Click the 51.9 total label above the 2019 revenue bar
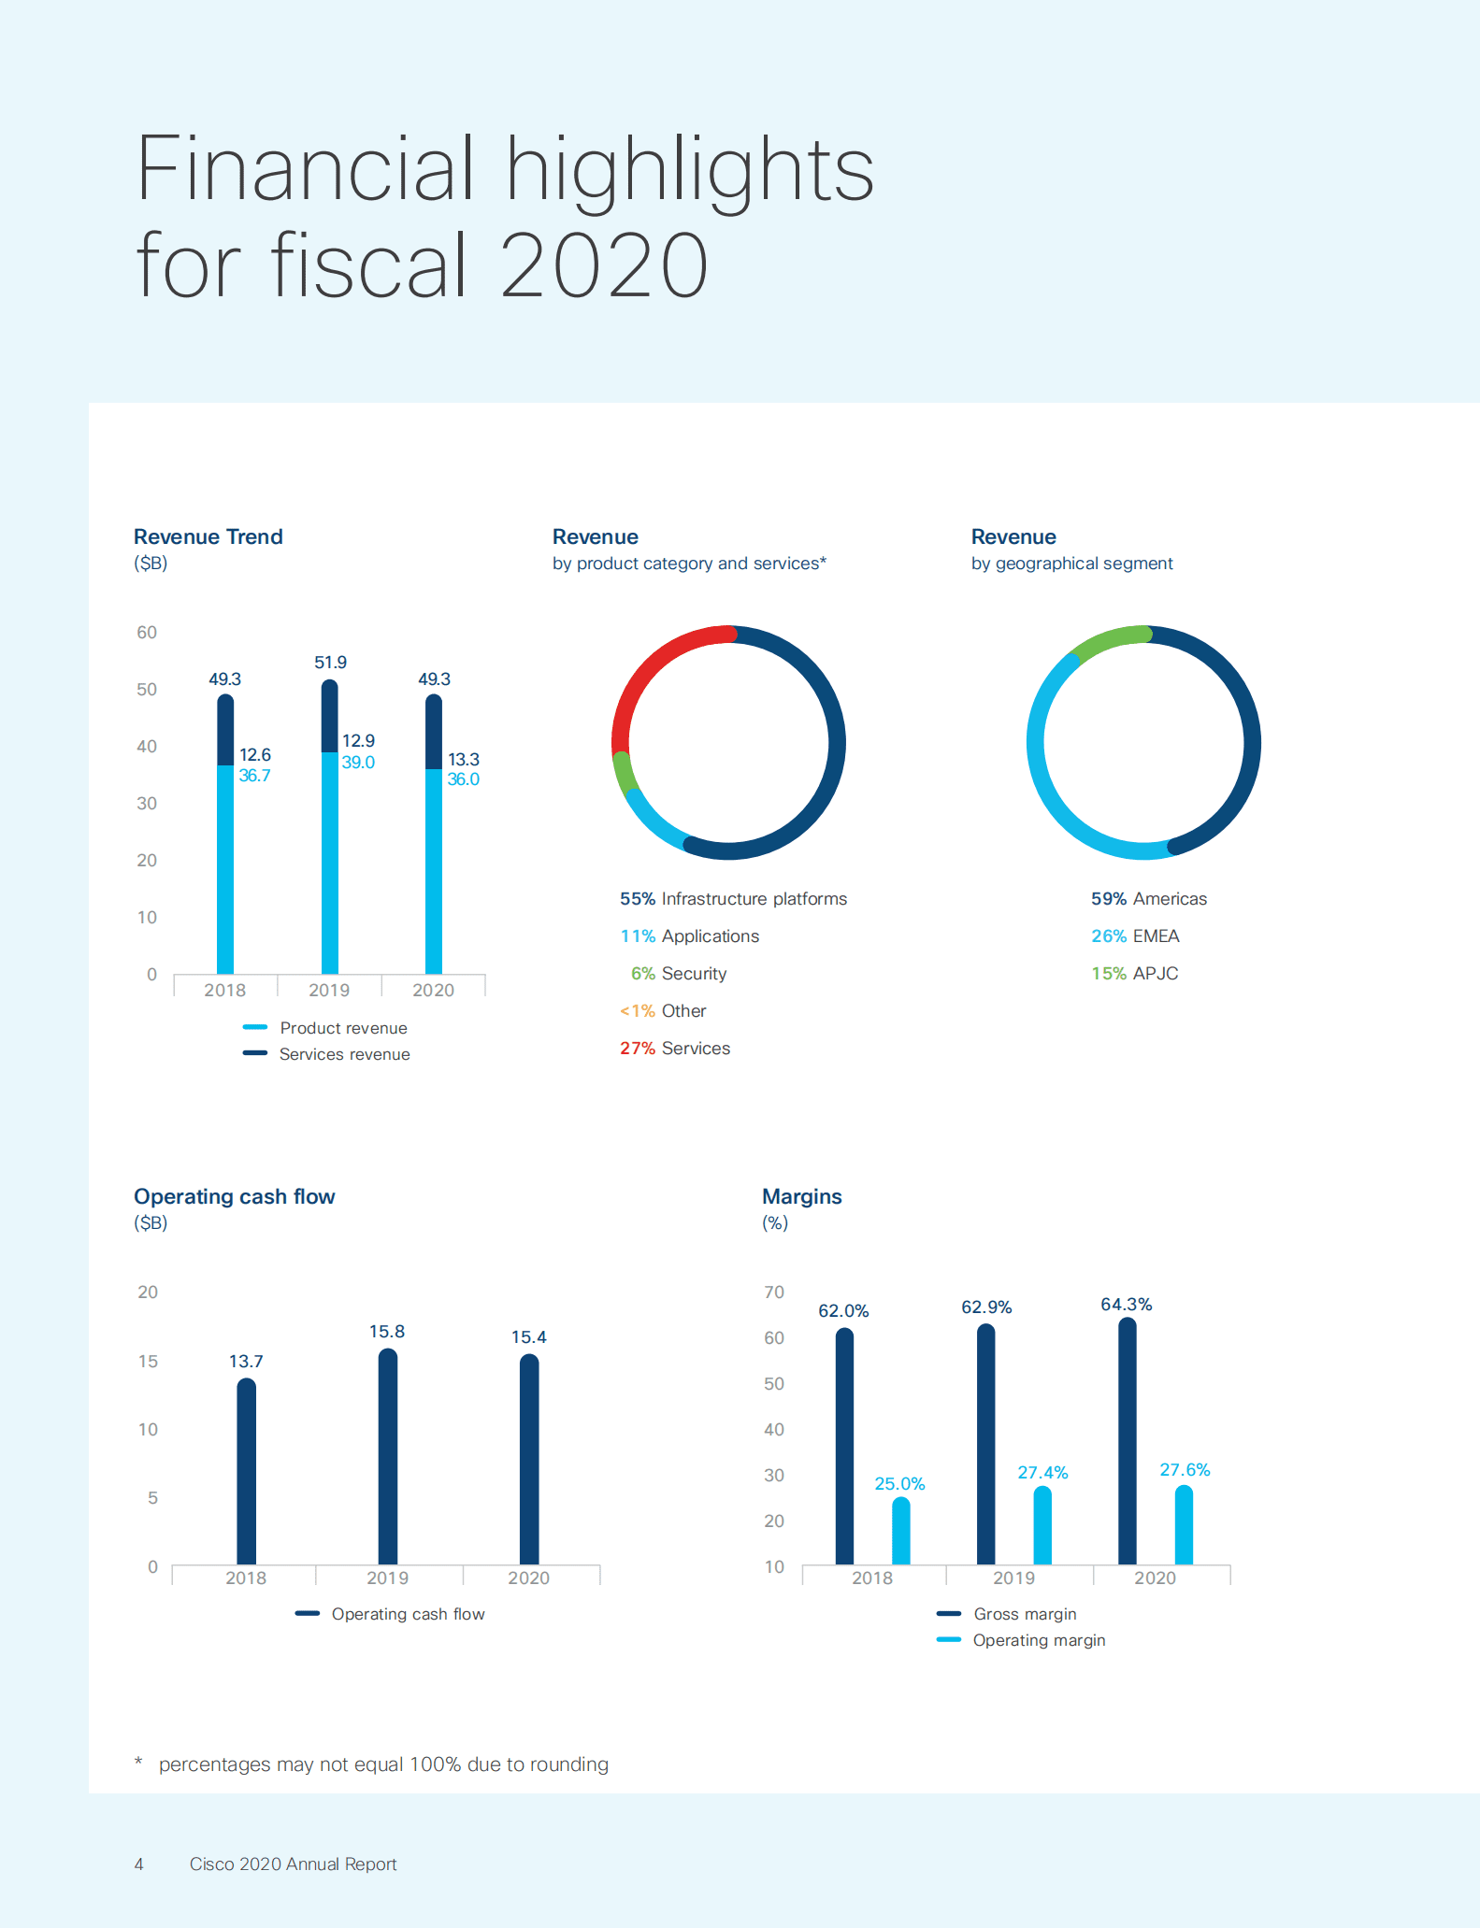click(330, 663)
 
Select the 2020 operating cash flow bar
click(529, 1458)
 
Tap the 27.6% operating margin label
click(1185, 1470)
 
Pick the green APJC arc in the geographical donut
click(1111, 641)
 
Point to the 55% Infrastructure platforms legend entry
click(733, 899)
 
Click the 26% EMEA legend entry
click(1135, 936)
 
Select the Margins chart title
click(802, 1197)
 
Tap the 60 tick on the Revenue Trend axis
click(147, 633)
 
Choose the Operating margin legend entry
click(1038, 1640)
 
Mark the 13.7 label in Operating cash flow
click(246, 1362)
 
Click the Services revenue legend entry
click(343, 1054)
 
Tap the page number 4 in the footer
click(139, 1864)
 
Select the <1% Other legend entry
click(663, 1011)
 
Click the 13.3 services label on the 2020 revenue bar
click(464, 760)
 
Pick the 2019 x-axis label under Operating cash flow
click(387, 1578)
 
